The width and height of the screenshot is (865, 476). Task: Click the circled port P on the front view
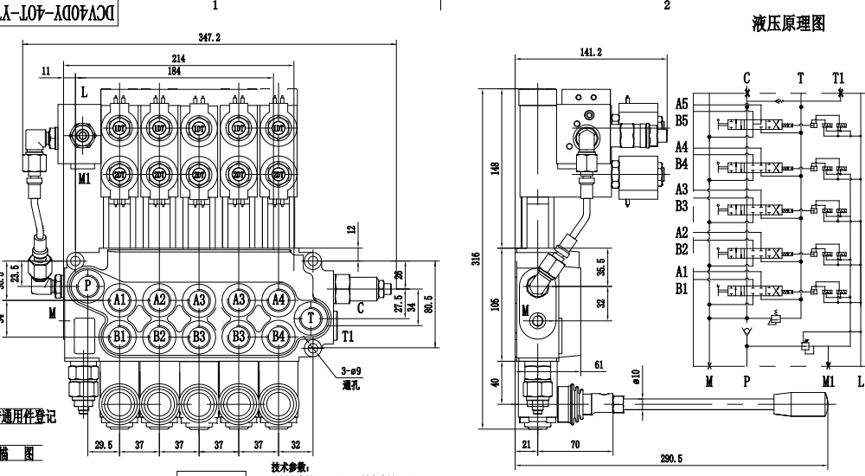click(86, 285)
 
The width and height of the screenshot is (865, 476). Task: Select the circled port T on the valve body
click(311, 318)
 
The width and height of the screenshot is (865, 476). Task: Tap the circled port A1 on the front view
click(119, 299)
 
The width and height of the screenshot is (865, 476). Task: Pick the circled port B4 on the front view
click(278, 336)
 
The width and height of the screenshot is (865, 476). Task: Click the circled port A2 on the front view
click(159, 299)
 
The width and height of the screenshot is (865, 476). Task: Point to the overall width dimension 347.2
click(209, 38)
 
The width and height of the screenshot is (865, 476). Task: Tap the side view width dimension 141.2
click(590, 52)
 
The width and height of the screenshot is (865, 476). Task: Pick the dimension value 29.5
click(103, 445)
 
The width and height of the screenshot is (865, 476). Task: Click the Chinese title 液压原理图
click(788, 24)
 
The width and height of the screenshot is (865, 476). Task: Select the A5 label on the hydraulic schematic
click(682, 104)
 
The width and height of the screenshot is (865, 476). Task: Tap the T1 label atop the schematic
click(837, 78)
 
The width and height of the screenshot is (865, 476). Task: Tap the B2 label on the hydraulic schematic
click(682, 248)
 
